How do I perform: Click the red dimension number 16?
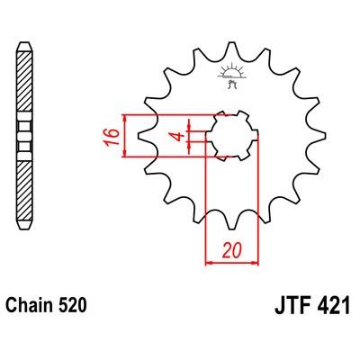tap(112, 136)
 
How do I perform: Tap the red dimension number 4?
tap(179, 137)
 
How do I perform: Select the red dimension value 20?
tap(231, 250)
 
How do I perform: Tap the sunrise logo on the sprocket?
tap(231, 75)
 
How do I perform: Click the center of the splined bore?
tap(232, 136)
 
